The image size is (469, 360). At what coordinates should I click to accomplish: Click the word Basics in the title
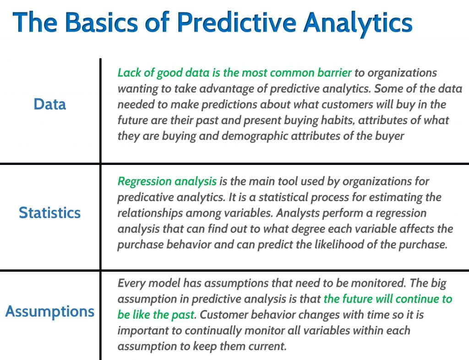click(102, 22)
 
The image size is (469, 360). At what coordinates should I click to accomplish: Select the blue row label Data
click(49, 104)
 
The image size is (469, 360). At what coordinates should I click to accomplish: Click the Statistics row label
click(49, 213)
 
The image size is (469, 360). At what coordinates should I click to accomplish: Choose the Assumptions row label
click(49, 311)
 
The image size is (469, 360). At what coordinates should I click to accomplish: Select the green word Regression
click(144, 181)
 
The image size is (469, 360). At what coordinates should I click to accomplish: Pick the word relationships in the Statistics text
click(150, 213)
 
